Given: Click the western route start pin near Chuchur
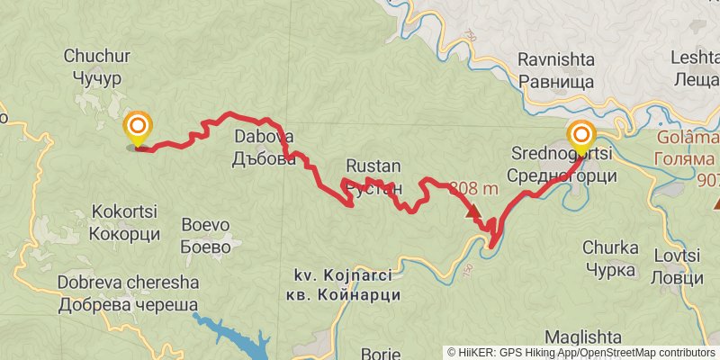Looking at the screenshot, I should [x=138, y=129].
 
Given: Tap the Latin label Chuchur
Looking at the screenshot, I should [x=97, y=57].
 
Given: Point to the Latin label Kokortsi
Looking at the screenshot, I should [x=124, y=213].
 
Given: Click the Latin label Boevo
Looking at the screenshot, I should [x=206, y=225].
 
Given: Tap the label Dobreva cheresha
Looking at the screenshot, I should [x=128, y=283].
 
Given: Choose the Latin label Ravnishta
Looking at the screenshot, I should [x=556, y=60].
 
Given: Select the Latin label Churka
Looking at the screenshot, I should [x=610, y=247].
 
